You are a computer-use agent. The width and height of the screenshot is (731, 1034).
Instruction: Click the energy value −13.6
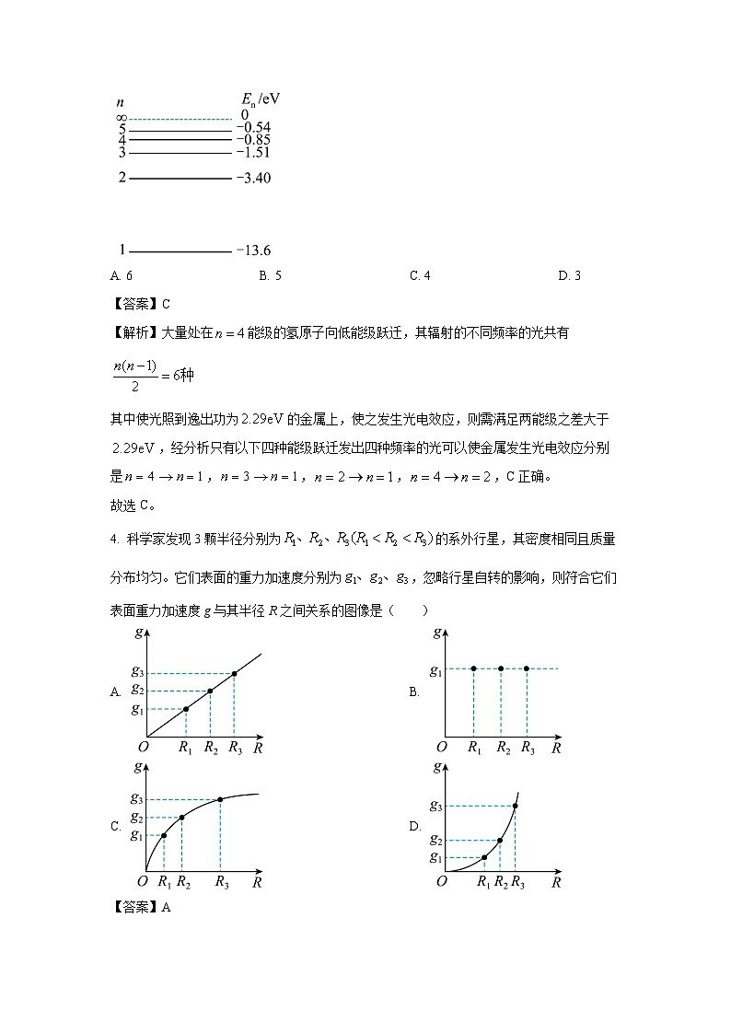click(253, 250)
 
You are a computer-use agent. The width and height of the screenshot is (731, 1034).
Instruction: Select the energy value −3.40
click(253, 178)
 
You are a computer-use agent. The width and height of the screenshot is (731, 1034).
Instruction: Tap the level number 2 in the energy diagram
click(122, 178)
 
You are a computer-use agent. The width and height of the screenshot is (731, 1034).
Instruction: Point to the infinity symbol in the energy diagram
click(121, 118)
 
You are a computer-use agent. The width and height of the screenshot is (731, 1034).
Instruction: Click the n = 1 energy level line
click(180, 250)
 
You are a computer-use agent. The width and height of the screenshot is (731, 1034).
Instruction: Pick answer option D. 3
click(569, 275)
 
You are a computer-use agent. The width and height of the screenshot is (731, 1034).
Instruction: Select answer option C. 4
click(420, 275)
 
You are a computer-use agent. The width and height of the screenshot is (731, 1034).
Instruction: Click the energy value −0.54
click(253, 127)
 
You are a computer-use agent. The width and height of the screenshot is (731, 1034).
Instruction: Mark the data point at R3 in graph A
click(235, 674)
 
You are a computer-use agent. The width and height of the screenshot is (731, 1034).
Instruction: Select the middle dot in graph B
click(501, 668)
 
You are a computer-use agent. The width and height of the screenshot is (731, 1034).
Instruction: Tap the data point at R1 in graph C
click(164, 835)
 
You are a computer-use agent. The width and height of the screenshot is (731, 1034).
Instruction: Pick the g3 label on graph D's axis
click(435, 807)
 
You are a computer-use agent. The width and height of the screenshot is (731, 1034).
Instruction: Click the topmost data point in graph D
click(515, 807)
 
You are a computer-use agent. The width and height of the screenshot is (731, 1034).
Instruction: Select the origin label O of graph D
click(441, 882)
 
